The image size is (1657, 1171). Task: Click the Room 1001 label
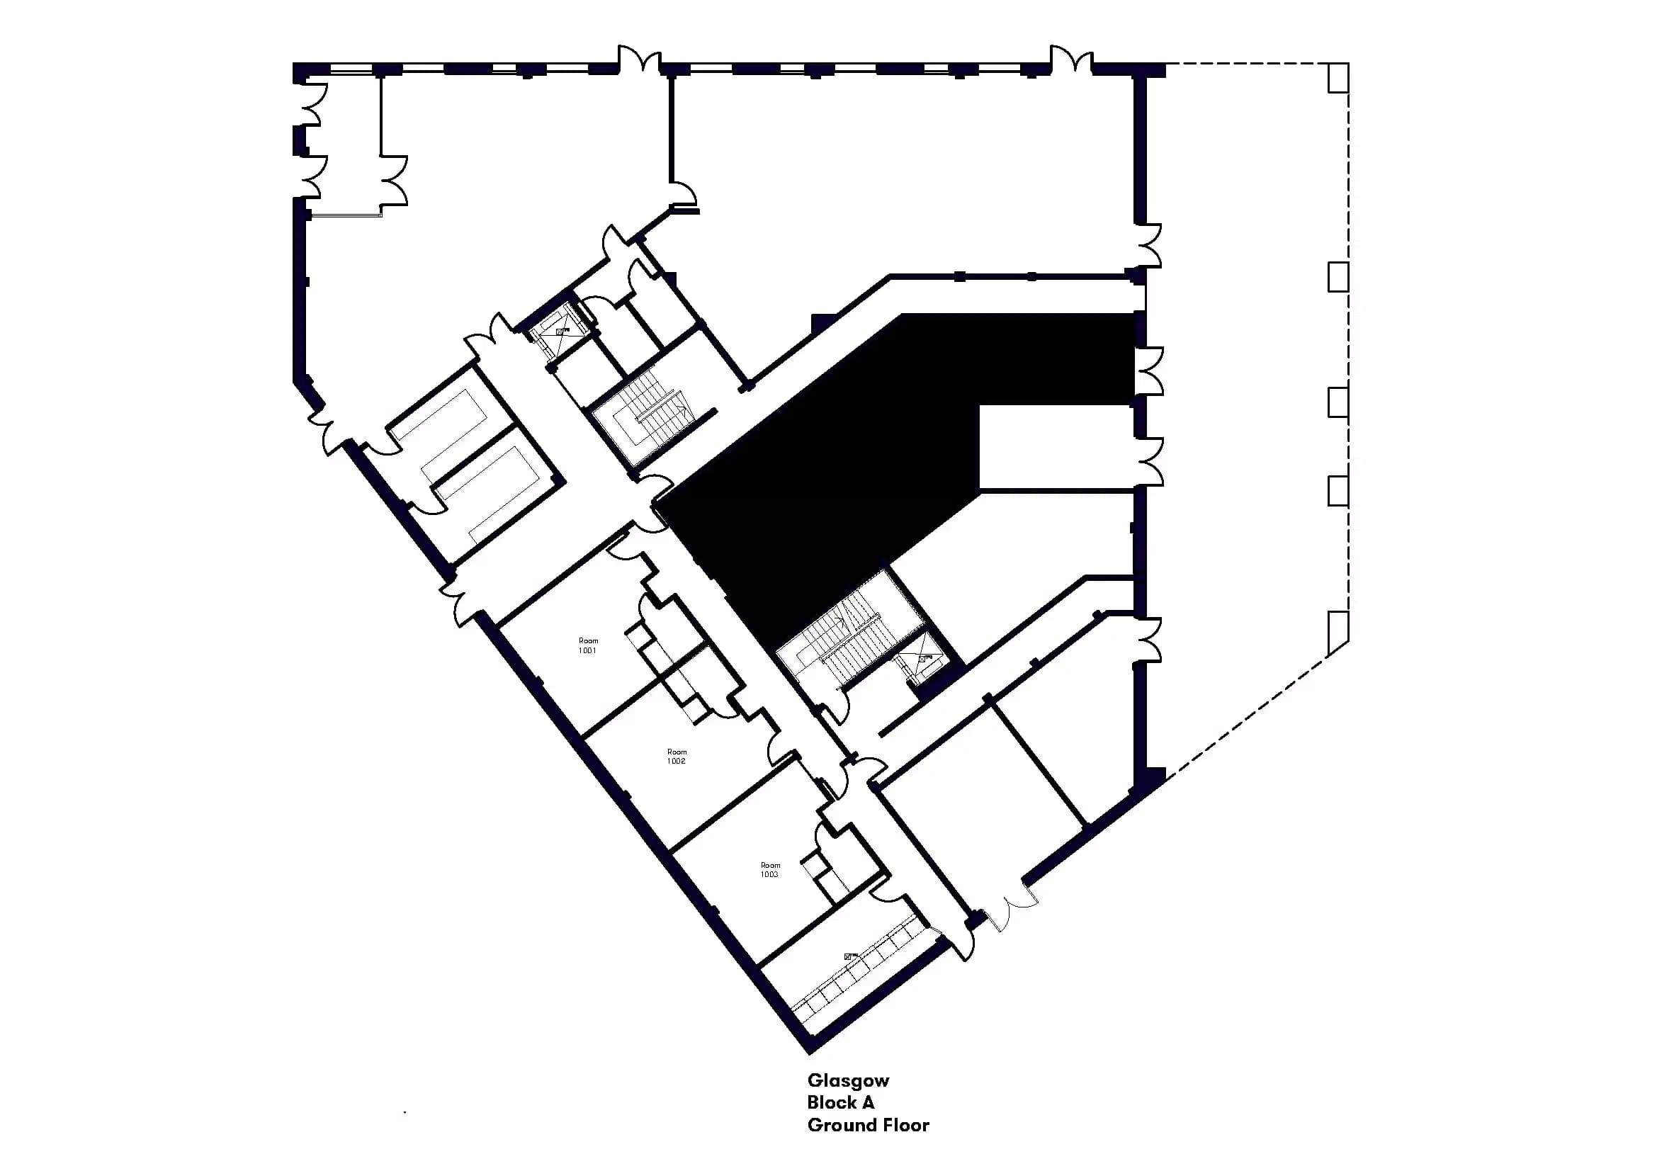587,645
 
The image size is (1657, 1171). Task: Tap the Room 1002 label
677,756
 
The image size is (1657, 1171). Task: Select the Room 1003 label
769,869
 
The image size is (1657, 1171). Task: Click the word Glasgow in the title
848,1080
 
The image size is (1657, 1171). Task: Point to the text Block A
840,1102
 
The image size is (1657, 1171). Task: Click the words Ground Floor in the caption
868,1125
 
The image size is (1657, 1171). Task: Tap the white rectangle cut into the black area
1053,447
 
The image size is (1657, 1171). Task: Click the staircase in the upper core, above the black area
653,419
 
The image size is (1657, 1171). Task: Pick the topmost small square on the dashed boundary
1338,77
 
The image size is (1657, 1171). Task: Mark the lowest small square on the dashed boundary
1338,633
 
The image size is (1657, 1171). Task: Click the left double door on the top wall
640,60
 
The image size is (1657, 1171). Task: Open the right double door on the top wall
1071,60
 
